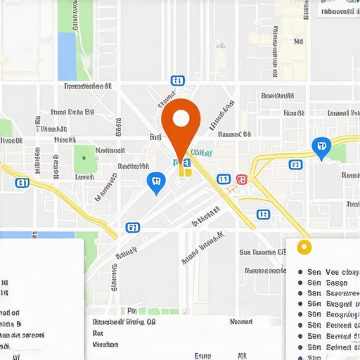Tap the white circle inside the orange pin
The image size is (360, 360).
click(x=181, y=118)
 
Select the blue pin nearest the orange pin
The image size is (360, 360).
click(x=156, y=182)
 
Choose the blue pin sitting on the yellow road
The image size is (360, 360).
click(x=321, y=148)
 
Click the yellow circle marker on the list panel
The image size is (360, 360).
click(x=304, y=247)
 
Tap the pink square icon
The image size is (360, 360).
click(x=242, y=180)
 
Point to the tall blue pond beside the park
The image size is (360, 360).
click(x=67, y=56)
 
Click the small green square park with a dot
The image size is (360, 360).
click(x=85, y=157)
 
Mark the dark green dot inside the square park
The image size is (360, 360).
click(x=85, y=157)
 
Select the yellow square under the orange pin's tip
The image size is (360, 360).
click(x=184, y=169)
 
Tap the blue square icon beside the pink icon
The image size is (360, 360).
click(x=223, y=179)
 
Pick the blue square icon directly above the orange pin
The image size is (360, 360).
click(x=177, y=82)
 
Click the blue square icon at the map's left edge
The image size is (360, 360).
click(x=22, y=184)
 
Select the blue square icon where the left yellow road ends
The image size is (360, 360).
click(x=131, y=227)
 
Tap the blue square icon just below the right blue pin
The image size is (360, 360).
click(x=295, y=165)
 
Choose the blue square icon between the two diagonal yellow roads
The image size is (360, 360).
click(x=263, y=214)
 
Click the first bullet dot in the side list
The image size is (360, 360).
click(x=300, y=272)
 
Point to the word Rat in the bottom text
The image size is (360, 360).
click(x=98, y=333)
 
